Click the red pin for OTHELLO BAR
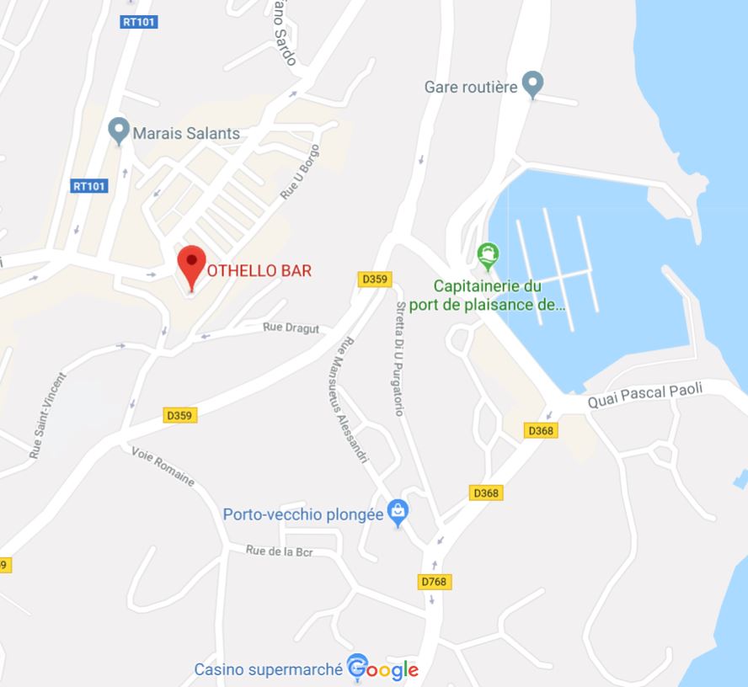193,264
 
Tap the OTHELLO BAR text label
259,270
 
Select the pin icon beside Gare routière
532,83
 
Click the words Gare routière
470,87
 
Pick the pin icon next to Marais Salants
119,130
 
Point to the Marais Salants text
185,133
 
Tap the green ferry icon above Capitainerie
488,253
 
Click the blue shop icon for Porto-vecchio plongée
398,510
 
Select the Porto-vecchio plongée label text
303,514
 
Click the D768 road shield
434,582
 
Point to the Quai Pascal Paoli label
645,395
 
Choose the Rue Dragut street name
291,328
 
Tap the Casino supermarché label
268,669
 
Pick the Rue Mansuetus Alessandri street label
352,400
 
